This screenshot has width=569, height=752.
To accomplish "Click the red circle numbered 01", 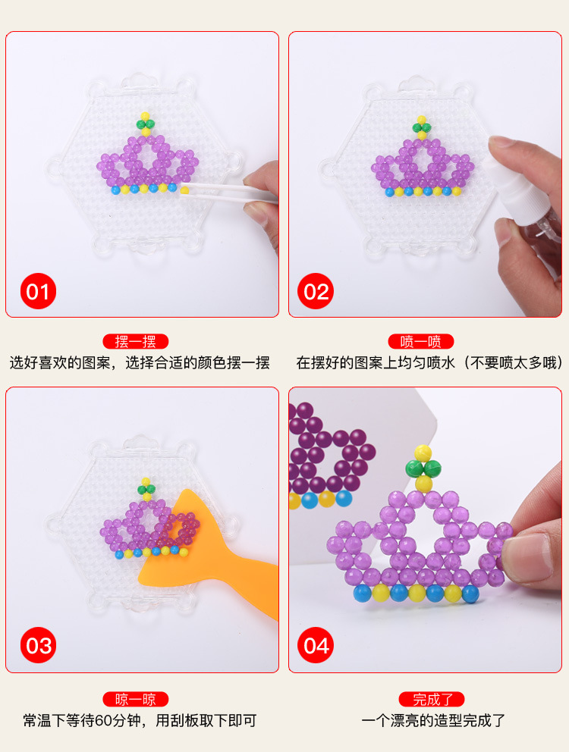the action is [x=38, y=291].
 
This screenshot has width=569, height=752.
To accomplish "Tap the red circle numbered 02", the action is [x=316, y=291].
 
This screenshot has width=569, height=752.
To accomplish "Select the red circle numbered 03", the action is [x=38, y=645].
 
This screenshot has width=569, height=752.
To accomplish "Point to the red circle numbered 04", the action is [x=316, y=645].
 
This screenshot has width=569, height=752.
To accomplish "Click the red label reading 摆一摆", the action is [x=135, y=341].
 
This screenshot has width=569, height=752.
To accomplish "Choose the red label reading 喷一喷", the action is [x=421, y=341].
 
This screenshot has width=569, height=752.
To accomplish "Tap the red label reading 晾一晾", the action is [x=135, y=699].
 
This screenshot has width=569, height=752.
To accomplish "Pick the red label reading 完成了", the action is [x=432, y=699].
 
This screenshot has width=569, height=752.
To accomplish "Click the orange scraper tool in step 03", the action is [x=211, y=556].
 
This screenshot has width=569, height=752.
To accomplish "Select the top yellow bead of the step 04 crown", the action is [x=423, y=453].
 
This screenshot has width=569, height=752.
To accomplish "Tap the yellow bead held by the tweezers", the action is [x=184, y=190].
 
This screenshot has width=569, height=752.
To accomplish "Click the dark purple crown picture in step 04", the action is [x=326, y=456].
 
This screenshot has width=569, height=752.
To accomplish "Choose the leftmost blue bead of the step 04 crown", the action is [x=363, y=594].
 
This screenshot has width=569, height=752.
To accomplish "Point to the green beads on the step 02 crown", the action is [x=422, y=127].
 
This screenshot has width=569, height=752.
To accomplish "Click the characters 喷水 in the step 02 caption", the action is [x=440, y=362].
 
